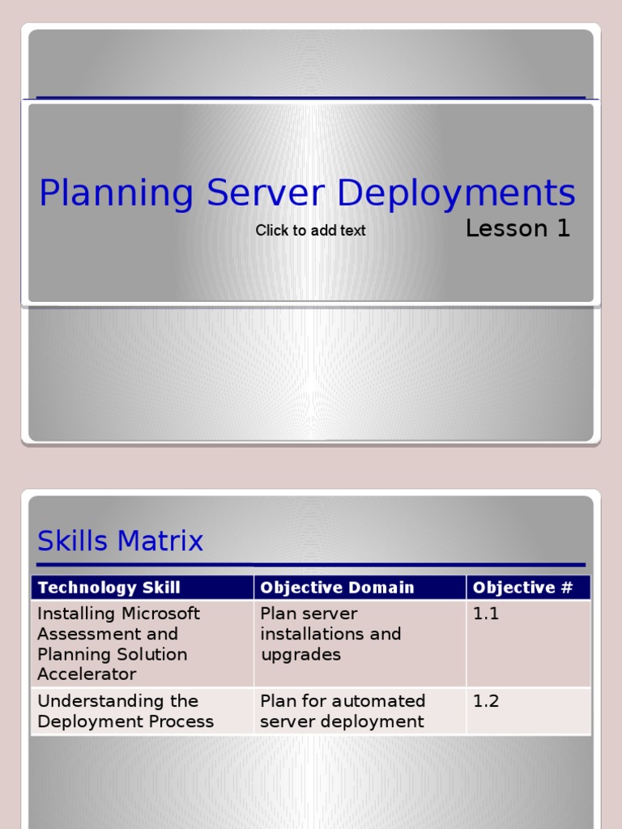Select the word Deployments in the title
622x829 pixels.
(456, 194)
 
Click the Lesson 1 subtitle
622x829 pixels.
(518, 229)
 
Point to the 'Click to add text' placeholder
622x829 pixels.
(310, 231)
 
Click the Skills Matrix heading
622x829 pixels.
(121, 541)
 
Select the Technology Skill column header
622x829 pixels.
(109, 588)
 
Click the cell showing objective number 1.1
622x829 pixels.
(486, 614)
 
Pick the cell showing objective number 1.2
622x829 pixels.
(486, 701)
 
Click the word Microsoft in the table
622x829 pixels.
(160, 614)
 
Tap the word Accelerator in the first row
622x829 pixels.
(87, 674)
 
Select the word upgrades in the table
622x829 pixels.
(300, 654)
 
